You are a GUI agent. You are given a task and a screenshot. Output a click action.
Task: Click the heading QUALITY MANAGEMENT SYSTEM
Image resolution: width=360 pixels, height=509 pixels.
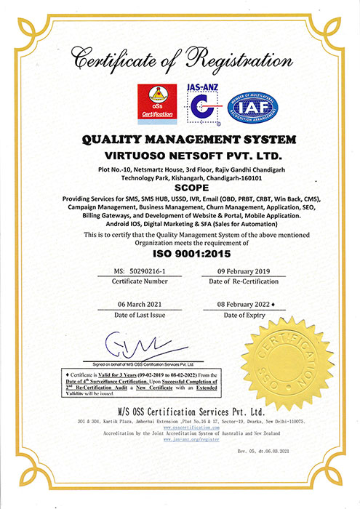click(x=180, y=140)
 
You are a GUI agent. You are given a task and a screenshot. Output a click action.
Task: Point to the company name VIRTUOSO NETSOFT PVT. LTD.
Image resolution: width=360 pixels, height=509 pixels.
click(x=180, y=156)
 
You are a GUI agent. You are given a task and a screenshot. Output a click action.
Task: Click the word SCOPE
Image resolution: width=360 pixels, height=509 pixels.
click(x=180, y=187)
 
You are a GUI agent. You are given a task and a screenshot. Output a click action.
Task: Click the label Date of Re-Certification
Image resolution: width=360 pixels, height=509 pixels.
click(x=239, y=281)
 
